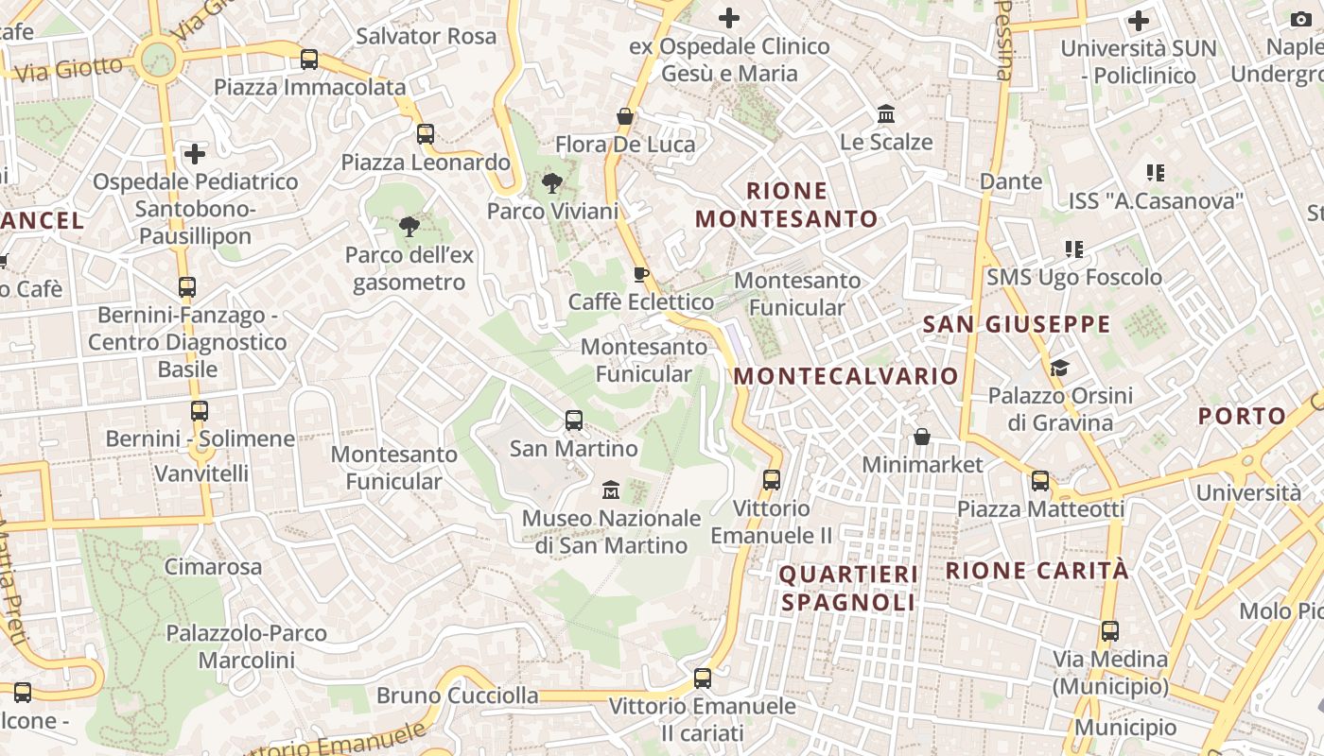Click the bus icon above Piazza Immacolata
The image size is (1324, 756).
[x=309, y=60]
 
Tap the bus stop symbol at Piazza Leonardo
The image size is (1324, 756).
[x=426, y=134]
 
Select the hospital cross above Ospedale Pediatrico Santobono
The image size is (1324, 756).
[x=195, y=153]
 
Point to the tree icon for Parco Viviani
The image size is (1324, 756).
[x=552, y=183]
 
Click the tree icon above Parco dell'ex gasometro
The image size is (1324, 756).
[x=409, y=227]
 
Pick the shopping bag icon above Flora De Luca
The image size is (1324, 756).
[x=625, y=116]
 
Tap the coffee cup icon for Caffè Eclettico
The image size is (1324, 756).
[x=641, y=274]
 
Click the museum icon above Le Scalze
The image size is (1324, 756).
[x=887, y=114]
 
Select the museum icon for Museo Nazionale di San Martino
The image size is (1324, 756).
[x=611, y=490]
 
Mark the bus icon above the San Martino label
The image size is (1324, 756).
[x=574, y=421]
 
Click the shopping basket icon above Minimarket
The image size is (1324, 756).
[x=922, y=437]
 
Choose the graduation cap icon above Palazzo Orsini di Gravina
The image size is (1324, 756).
[x=1059, y=367]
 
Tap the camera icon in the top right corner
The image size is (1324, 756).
[x=1302, y=19]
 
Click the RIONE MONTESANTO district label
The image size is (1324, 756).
[x=787, y=205]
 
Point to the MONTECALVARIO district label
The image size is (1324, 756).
[x=846, y=376]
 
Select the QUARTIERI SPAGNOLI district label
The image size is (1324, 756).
[x=848, y=588]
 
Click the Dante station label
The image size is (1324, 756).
[x=1011, y=180]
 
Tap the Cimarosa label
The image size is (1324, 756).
[x=213, y=567]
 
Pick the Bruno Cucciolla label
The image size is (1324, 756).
[x=458, y=696]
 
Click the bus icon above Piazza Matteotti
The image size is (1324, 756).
[x=1040, y=481]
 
